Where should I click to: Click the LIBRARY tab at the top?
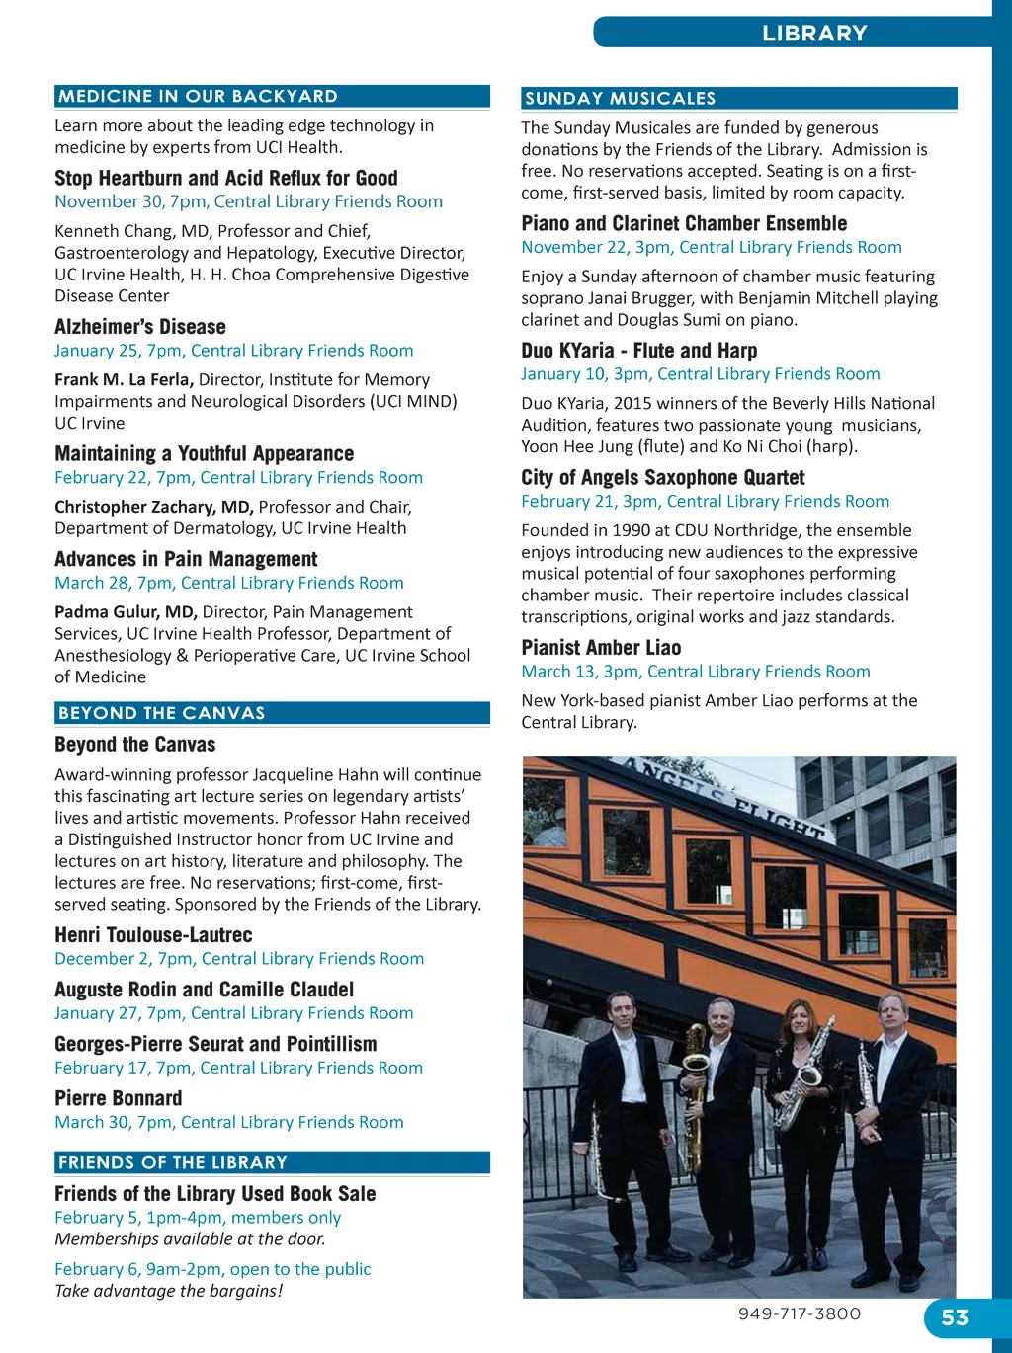pyautogui.click(x=813, y=33)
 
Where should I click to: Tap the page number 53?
pyautogui.click(x=955, y=1317)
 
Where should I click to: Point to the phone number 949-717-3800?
pyautogui.click(x=799, y=1313)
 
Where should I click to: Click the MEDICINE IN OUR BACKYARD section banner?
pyautogui.click(x=272, y=96)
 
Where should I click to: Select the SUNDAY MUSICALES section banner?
pyautogui.click(x=738, y=98)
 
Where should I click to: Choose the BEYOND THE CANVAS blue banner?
pyautogui.click(x=272, y=713)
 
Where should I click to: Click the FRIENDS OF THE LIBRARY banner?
pyautogui.click(x=272, y=1162)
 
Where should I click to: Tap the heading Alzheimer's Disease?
pyautogui.click(x=140, y=327)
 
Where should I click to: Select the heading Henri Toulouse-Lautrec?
pyautogui.click(x=153, y=935)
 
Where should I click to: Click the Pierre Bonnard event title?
pyautogui.click(x=119, y=1098)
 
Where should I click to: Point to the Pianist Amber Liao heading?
pyautogui.click(x=601, y=648)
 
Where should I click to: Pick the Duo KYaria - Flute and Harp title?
pyautogui.click(x=638, y=351)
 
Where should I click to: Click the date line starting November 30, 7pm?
pyautogui.click(x=248, y=201)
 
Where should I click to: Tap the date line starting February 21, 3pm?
pyautogui.click(x=705, y=501)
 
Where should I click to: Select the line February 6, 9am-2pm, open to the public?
pyautogui.click(x=212, y=1269)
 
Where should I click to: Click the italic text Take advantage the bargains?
pyautogui.click(x=168, y=1291)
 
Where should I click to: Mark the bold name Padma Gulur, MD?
pyautogui.click(x=126, y=612)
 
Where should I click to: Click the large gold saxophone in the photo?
pyautogui.click(x=695, y=1096)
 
